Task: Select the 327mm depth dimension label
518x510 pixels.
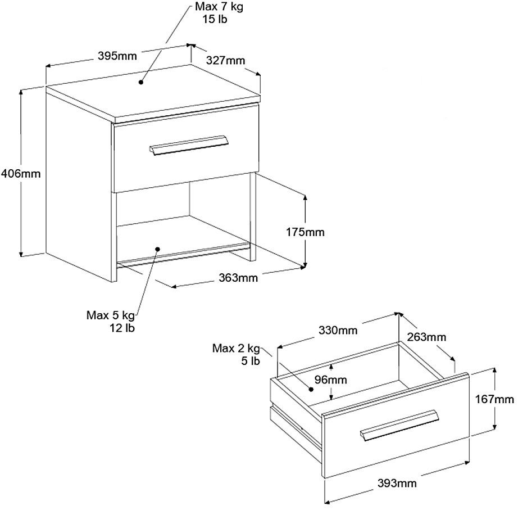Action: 225,61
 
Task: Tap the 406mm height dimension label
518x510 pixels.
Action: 21,173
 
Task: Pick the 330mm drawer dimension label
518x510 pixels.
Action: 338,331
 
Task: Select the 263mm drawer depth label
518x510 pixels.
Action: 427,337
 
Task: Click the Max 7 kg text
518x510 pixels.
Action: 220,7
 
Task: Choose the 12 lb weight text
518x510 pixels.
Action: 122,327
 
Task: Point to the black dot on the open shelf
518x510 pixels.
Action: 158,248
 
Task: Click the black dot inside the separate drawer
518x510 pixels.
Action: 310,389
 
